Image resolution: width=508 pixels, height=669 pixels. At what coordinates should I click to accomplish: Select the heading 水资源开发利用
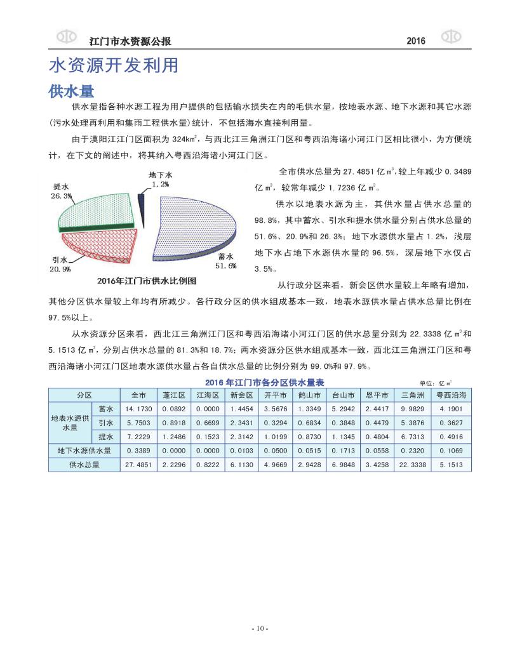click(x=113, y=66)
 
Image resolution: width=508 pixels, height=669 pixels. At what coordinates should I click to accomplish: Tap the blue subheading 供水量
click(x=71, y=91)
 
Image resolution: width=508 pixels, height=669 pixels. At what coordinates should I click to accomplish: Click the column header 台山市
click(x=343, y=395)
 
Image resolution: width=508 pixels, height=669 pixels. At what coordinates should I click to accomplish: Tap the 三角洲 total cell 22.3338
click(x=411, y=465)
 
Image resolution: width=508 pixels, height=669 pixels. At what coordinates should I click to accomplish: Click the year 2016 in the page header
click(x=415, y=41)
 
